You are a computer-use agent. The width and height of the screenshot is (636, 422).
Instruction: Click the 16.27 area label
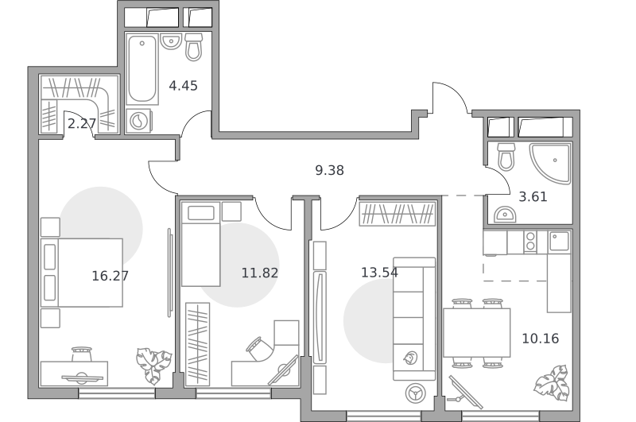click(x=110, y=276)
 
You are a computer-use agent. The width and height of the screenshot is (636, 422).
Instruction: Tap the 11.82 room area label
click(x=260, y=273)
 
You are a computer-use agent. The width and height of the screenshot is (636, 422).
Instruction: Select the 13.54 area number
click(x=379, y=273)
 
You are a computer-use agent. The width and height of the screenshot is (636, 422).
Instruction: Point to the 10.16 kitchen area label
click(x=540, y=338)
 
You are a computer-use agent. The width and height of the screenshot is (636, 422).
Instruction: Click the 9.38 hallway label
click(x=329, y=170)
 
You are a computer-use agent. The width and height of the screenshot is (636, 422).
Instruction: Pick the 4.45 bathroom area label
click(x=183, y=86)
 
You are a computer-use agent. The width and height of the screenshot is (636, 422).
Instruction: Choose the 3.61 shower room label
click(x=533, y=196)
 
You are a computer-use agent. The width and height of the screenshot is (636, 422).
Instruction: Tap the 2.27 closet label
click(x=82, y=124)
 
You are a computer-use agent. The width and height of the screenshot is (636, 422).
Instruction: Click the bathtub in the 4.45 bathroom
click(x=142, y=69)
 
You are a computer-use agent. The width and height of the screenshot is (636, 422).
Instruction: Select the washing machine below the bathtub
click(x=138, y=121)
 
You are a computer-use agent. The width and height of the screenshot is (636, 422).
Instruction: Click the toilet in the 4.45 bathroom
click(x=193, y=47)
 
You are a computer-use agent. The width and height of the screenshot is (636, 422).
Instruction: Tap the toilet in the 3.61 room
click(x=506, y=157)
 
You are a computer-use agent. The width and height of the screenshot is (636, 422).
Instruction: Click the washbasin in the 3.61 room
click(x=505, y=215)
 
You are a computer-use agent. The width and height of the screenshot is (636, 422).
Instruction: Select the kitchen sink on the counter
click(x=559, y=241)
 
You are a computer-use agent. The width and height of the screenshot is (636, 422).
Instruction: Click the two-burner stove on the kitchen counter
click(x=530, y=242)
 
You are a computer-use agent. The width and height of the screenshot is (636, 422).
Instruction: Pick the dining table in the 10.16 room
click(x=476, y=333)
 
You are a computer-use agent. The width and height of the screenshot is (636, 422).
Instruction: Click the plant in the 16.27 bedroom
click(x=154, y=366)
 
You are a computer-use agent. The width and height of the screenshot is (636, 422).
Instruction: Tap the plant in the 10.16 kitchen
click(x=551, y=383)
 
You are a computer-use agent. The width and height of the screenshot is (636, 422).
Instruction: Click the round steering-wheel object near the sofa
click(x=415, y=393)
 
